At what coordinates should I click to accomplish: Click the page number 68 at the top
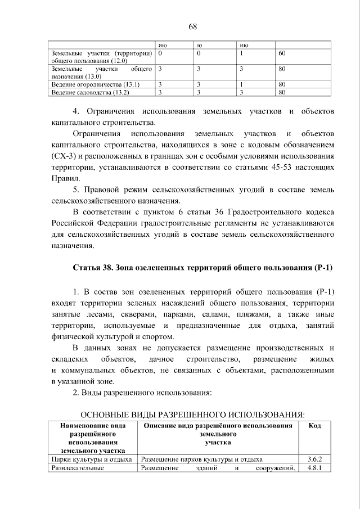click(192, 26)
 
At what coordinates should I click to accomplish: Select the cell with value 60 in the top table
click(282, 53)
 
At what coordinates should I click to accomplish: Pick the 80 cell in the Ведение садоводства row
click(282, 92)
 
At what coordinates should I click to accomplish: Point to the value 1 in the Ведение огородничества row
click(241, 84)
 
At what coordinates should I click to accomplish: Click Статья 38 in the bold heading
click(93, 268)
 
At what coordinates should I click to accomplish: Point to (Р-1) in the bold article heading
click(322, 268)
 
